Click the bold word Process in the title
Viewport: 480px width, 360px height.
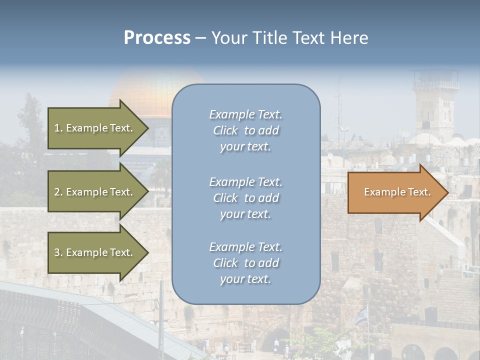(x=157, y=38)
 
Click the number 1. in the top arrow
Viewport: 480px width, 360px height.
(x=58, y=128)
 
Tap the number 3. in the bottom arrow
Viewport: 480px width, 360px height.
(x=58, y=252)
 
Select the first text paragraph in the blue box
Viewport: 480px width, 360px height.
(x=245, y=130)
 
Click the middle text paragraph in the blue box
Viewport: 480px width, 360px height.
(x=245, y=198)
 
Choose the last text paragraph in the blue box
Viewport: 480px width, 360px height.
(x=245, y=263)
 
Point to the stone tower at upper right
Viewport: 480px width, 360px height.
(x=435, y=105)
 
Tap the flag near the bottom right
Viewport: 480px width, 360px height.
(x=361, y=314)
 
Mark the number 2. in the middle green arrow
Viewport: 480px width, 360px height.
(x=58, y=192)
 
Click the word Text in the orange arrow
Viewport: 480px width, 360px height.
(x=419, y=192)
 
